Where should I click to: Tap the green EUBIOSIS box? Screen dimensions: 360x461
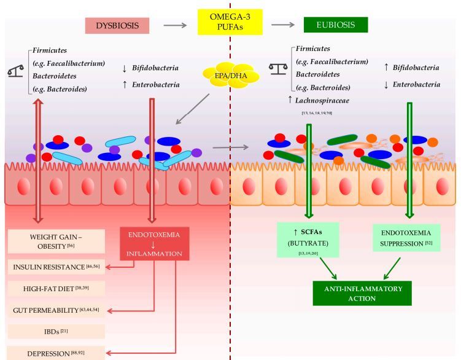point(335,25)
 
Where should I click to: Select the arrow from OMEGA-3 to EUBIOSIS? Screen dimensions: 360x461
point(283,25)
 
